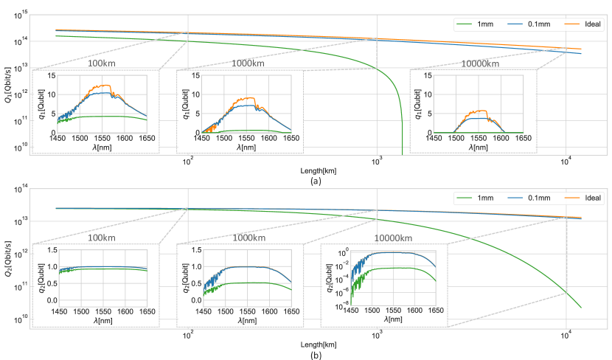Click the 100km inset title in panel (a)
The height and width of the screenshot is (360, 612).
click(x=102, y=64)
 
